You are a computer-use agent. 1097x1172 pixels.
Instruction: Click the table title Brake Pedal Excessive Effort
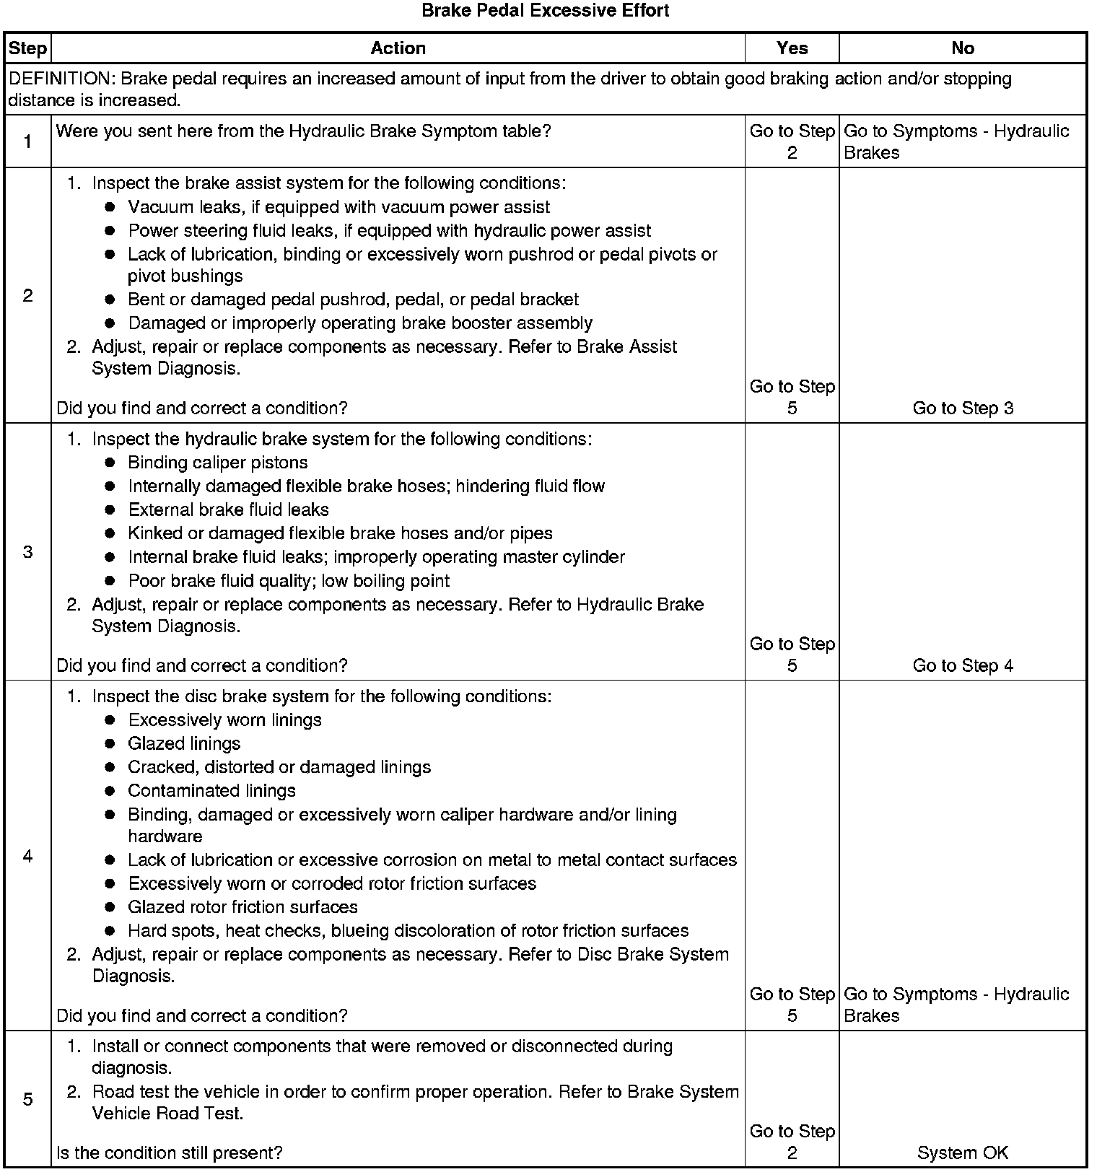[545, 11]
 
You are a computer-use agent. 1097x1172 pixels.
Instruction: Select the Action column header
[398, 48]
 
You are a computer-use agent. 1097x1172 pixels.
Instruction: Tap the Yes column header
[792, 48]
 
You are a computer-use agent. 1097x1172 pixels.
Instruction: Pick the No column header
[963, 48]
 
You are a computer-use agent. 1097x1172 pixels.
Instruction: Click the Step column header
[27, 48]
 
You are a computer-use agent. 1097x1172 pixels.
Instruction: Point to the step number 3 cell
[27, 552]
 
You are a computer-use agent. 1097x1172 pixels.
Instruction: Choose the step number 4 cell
[27, 856]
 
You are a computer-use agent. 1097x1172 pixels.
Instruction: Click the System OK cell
[963, 1153]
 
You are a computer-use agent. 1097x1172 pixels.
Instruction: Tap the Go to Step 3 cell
[963, 408]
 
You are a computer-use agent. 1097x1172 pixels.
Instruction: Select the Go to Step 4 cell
[963, 665]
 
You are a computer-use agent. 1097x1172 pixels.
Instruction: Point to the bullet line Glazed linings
[184, 744]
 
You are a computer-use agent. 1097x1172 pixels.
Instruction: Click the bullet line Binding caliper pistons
[217, 463]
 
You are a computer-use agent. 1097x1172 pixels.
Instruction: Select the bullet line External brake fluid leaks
[228, 510]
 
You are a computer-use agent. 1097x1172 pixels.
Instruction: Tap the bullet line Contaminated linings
[211, 791]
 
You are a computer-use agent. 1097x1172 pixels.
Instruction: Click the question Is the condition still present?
[169, 1153]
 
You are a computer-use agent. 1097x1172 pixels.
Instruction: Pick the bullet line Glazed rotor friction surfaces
[242, 907]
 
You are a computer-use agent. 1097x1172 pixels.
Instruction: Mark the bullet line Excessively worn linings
[224, 720]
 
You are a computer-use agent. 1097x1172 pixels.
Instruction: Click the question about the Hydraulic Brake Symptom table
[303, 131]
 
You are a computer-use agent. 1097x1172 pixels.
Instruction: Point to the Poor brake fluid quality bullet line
[289, 581]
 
